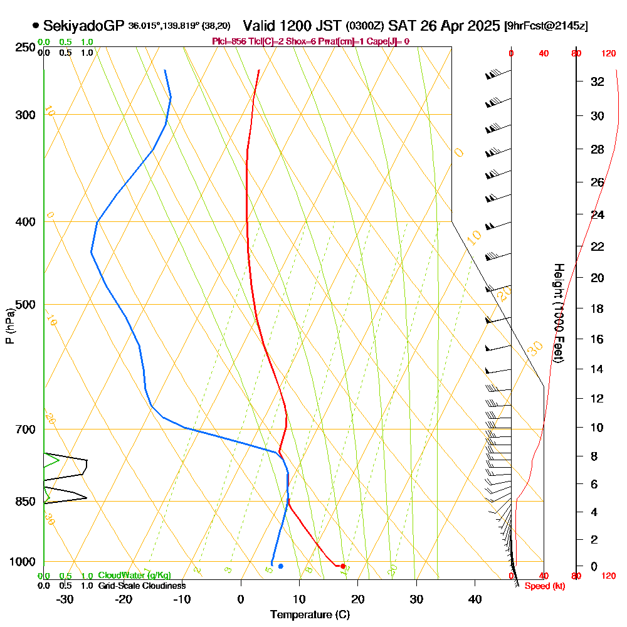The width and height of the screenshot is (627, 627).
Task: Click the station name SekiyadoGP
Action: coord(83,26)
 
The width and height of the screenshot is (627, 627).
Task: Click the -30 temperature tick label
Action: coord(65,599)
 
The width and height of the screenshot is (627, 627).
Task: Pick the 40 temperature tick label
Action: coord(475,599)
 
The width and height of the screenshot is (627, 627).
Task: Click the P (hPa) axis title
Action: coord(9,326)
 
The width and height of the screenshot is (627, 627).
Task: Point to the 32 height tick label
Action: coord(598,82)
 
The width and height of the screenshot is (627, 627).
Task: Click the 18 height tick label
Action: coord(598,308)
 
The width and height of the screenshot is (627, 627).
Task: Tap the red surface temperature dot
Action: coord(342,566)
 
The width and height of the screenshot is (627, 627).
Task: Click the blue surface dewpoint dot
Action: coord(281,566)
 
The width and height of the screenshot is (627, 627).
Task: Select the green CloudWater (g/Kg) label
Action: coord(134,576)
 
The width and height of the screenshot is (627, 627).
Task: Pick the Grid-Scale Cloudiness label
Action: coord(142,586)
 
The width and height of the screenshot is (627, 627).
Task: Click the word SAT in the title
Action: coord(401,26)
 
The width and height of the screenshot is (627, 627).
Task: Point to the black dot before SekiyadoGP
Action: coord(36,26)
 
